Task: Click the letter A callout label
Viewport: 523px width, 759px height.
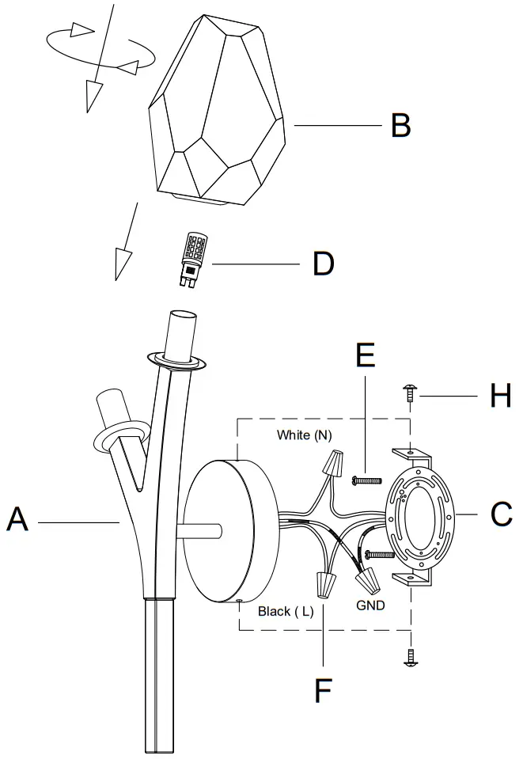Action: (x=17, y=521)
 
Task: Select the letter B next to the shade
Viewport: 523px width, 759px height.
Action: (x=401, y=125)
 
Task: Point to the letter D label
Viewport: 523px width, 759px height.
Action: (x=323, y=263)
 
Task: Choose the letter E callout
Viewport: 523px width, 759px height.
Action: (x=365, y=356)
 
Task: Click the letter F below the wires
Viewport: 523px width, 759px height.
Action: (x=323, y=690)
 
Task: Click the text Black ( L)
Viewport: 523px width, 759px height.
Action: (x=286, y=612)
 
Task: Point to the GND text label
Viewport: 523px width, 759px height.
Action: (x=370, y=605)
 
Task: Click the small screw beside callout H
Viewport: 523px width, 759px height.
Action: (x=410, y=393)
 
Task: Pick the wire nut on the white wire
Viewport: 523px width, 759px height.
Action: (x=335, y=461)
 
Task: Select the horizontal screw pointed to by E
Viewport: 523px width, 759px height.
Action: (x=364, y=479)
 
